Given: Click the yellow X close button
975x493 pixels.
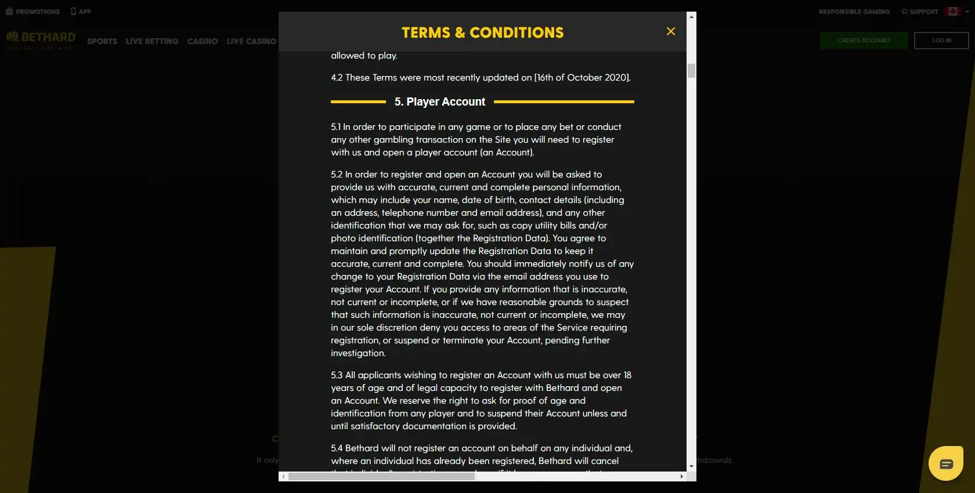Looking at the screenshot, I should [x=671, y=31].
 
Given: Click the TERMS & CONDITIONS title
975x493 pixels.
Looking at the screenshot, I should [x=482, y=32].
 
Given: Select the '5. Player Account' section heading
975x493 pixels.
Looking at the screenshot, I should [x=440, y=102].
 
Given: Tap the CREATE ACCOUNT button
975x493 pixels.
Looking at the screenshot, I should [x=864, y=41].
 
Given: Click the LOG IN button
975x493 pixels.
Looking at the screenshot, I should [x=941, y=41].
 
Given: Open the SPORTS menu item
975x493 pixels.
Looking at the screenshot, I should [x=102, y=41].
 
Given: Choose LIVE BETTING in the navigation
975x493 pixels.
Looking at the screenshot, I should [x=152, y=41].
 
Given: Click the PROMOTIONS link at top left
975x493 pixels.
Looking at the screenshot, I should [x=33, y=12].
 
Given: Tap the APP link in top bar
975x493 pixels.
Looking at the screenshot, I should [x=81, y=12].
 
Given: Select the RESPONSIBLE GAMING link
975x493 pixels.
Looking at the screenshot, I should [x=854, y=12].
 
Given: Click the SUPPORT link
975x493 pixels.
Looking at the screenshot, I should [x=920, y=12].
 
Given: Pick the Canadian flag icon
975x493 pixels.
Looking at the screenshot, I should [x=952, y=12].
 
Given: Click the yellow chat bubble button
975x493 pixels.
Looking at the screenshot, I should [x=946, y=463].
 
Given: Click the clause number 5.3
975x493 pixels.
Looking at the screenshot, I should [x=337, y=375].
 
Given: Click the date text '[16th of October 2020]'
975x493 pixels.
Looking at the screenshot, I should [x=582, y=78].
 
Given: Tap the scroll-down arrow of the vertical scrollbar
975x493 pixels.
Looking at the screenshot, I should [x=691, y=466].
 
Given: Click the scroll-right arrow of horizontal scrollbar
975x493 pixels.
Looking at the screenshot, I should [x=681, y=476].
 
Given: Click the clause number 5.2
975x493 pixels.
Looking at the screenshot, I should [x=337, y=175].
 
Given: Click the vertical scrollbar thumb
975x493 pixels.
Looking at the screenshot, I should [x=691, y=71].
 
